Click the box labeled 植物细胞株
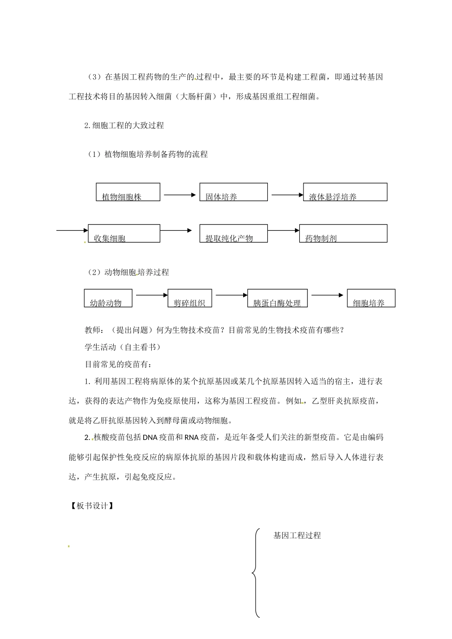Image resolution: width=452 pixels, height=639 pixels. tap(128, 192)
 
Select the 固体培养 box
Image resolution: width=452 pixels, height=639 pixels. tap(233, 192)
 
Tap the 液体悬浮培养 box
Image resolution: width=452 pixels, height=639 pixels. tap(345, 192)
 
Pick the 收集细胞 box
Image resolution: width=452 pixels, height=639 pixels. tap(124, 234)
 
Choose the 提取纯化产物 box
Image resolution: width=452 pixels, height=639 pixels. tap(233, 234)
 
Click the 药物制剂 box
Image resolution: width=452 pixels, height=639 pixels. tap(343, 234)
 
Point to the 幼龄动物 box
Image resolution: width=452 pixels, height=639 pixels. tap(108, 298)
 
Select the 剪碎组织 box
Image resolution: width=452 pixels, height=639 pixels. tap(190, 298)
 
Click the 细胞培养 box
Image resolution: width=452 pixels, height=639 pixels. tap(371, 298)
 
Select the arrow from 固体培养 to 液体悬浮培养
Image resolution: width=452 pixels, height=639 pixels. tap(287, 194)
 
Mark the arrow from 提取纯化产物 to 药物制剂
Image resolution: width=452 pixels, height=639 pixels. tap(284, 231)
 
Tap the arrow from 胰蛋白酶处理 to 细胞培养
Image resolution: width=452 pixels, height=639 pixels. tap(327, 295)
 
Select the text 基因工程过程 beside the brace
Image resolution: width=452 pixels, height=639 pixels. tap(297, 536)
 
